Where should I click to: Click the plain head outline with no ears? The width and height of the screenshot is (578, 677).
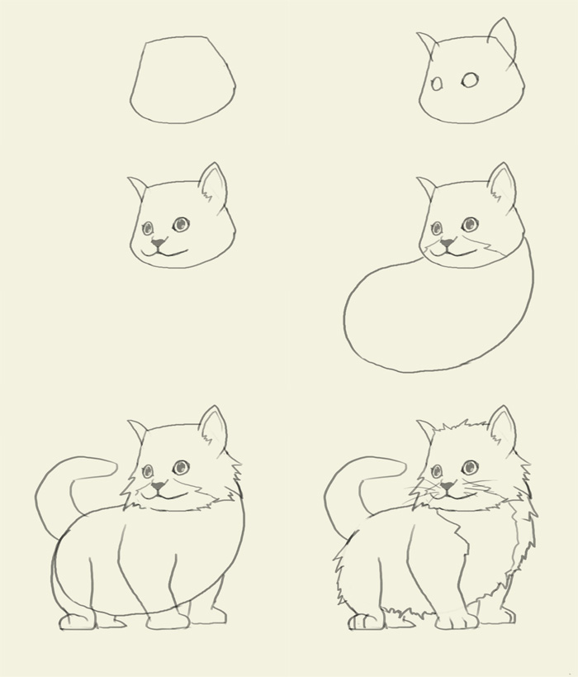point(182,80)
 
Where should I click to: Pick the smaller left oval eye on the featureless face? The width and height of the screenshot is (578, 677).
point(438,83)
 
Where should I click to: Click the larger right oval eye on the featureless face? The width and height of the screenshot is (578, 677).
point(470,79)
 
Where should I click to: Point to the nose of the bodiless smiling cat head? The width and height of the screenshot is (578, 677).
point(157,243)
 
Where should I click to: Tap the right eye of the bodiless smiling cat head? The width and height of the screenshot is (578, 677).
point(180,224)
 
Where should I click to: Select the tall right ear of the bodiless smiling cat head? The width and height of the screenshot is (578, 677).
point(213,184)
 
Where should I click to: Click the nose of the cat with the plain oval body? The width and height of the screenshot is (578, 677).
point(447,243)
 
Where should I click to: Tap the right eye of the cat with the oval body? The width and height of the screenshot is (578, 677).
point(470,224)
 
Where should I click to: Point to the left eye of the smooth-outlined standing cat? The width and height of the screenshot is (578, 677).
point(148,472)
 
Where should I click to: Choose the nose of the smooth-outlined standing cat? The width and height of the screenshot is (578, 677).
point(157,487)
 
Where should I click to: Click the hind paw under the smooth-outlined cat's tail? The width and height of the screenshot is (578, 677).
point(76,620)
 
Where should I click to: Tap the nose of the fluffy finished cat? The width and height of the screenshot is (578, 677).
point(447,487)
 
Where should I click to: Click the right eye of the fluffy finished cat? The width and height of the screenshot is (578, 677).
point(470,467)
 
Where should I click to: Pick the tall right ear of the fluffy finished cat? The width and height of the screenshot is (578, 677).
point(502,427)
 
